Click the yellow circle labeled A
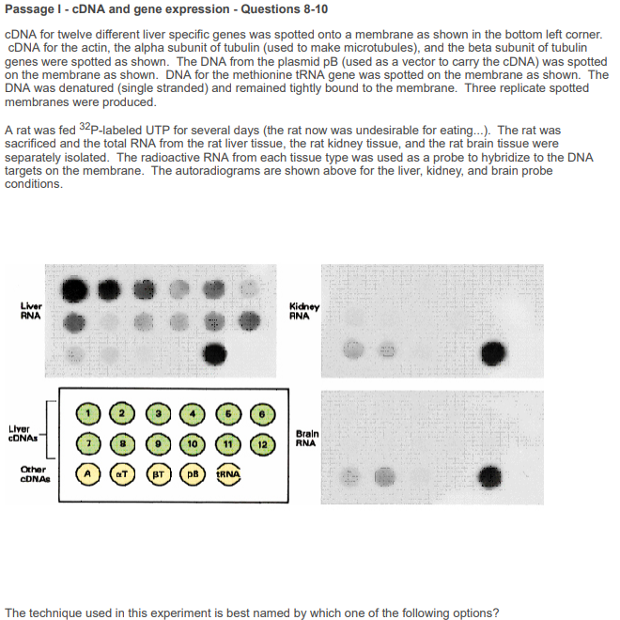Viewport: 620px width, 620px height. click(x=87, y=474)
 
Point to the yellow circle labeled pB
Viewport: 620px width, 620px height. click(x=193, y=474)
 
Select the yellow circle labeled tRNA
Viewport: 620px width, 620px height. click(x=230, y=474)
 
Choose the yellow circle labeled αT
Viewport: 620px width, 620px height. click(x=122, y=474)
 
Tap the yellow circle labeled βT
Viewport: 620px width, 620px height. click(x=157, y=474)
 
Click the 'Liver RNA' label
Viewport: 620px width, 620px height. click(x=30, y=311)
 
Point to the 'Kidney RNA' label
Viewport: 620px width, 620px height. click(x=304, y=311)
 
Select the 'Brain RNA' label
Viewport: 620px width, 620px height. click(x=307, y=439)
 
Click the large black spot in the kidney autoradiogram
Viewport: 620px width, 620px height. click(x=493, y=352)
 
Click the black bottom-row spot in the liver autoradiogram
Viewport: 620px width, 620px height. click(x=215, y=353)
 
